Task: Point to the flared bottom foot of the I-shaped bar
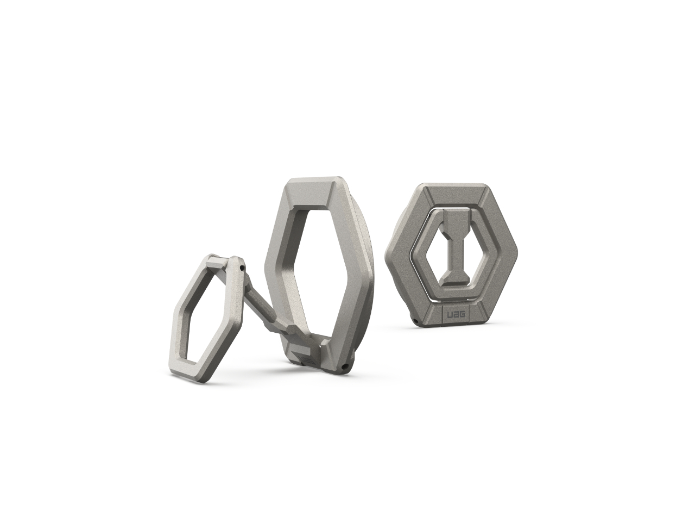454,284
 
